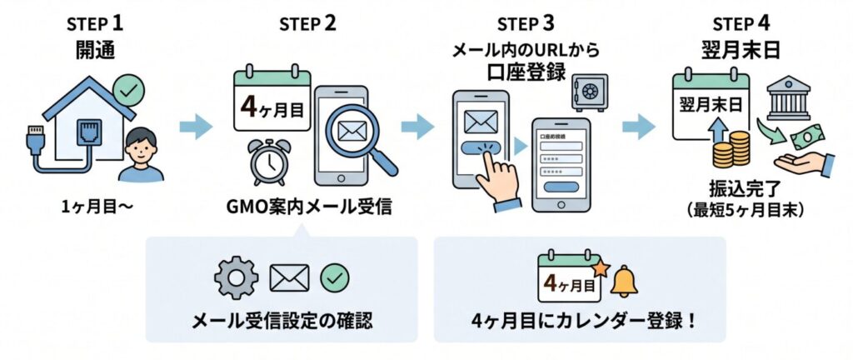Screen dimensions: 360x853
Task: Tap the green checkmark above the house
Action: point(127,87)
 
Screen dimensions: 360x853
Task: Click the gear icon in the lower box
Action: point(236,278)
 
